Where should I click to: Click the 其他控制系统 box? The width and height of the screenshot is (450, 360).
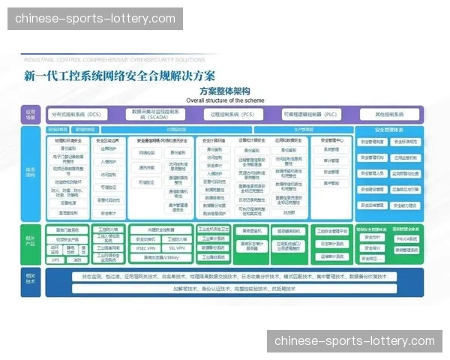[x=389, y=115]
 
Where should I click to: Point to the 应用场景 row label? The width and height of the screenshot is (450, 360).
[x=31, y=115]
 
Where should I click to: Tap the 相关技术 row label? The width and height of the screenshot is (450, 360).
[x=31, y=280]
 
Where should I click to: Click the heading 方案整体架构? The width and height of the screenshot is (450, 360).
[x=224, y=91]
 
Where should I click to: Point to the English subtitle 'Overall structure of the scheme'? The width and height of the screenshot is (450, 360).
[x=224, y=99]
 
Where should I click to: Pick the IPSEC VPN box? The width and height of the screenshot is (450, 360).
[x=146, y=247]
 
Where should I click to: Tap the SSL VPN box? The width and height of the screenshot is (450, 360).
[x=177, y=247]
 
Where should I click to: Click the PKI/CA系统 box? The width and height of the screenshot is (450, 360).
[x=408, y=238]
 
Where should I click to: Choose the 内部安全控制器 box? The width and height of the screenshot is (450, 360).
[x=161, y=229]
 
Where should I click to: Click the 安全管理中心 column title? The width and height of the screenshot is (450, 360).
[x=331, y=140]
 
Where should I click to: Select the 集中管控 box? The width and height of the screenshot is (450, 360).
[x=331, y=182]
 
